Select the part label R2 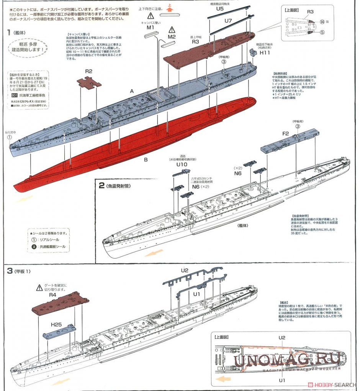[89, 71]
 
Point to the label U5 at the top [220, 8]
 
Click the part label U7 [229, 20]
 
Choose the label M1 [150, 28]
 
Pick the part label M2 [171, 37]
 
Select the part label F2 [285, 134]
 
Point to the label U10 [182, 164]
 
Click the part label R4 [52, 296]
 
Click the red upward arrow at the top [170, 7]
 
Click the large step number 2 [101, 186]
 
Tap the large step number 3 [10, 271]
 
